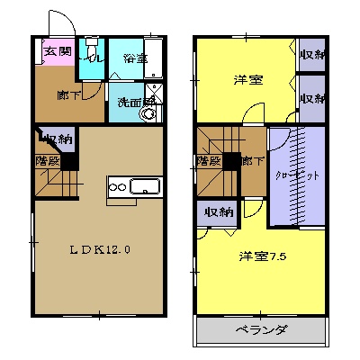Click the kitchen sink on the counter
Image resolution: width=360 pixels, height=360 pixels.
[144, 187]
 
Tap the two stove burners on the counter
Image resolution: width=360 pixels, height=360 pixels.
[118, 187]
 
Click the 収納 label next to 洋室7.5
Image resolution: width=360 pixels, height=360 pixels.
[217, 212]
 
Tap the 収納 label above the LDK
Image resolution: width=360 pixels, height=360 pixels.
[58, 139]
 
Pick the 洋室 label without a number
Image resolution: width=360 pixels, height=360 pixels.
[248, 80]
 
